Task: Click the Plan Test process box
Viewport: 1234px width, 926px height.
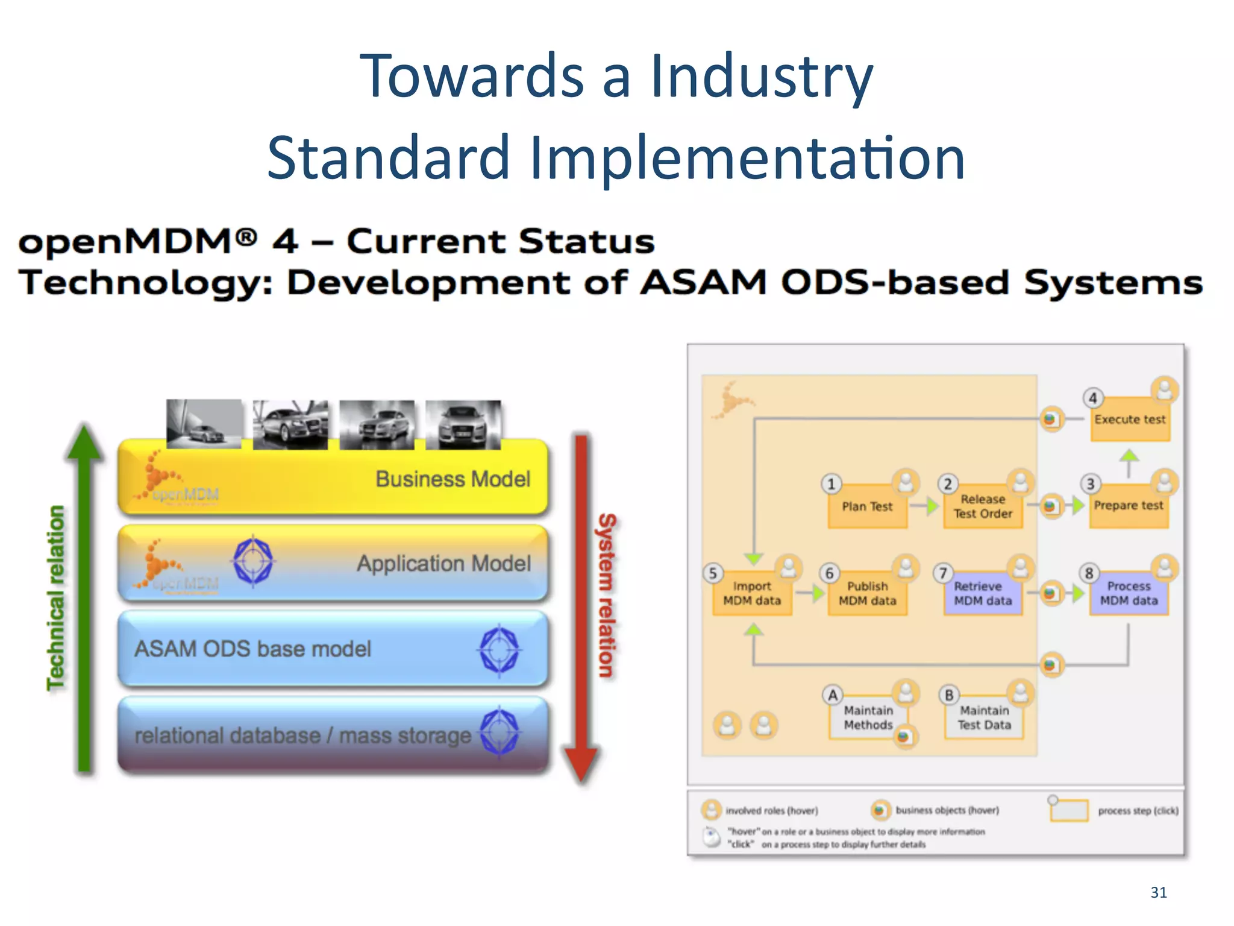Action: (867, 507)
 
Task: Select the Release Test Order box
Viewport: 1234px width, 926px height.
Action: (983, 507)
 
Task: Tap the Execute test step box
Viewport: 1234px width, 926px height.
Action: (1130, 420)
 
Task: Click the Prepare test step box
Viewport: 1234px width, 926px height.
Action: (1129, 506)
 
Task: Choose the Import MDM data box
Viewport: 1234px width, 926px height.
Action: (751, 593)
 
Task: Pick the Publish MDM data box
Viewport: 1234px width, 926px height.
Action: (867, 593)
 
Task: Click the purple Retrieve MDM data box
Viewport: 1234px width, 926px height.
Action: (983, 593)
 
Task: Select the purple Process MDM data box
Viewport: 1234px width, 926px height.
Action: (1129, 593)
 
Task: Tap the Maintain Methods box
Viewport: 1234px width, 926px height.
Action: (868, 717)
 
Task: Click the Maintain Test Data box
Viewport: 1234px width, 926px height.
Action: (984, 717)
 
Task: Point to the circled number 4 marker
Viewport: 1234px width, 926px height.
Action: (1093, 398)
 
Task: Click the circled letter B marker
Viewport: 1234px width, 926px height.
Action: (949, 695)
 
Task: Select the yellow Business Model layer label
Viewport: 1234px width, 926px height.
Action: (453, 479)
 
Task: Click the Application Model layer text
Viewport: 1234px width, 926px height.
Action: (443, 564)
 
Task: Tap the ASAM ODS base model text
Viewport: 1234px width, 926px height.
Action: (252, 649)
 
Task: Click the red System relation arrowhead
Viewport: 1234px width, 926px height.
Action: (581, 763)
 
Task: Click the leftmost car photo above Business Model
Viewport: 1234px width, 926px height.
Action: (204, 424)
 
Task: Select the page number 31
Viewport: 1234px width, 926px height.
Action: (1158, 892)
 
